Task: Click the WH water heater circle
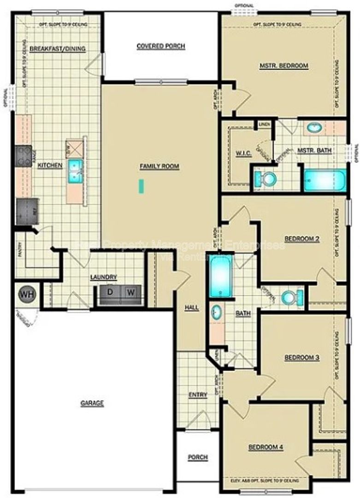click(x=26, y=295)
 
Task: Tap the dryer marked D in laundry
click(x=111, y=292)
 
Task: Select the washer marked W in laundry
click(x=131, y=292)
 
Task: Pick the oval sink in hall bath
click(x=216, y=313)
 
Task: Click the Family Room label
click(x=159, y=166)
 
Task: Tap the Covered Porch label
click(x=161, y=46)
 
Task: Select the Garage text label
click(x=92, y=403)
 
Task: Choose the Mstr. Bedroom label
click(x=283, y=66)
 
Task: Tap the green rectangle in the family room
click(x=142, y=186)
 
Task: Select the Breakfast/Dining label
click(x=58, y=49)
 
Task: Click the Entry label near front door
click(x=198, y=395)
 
